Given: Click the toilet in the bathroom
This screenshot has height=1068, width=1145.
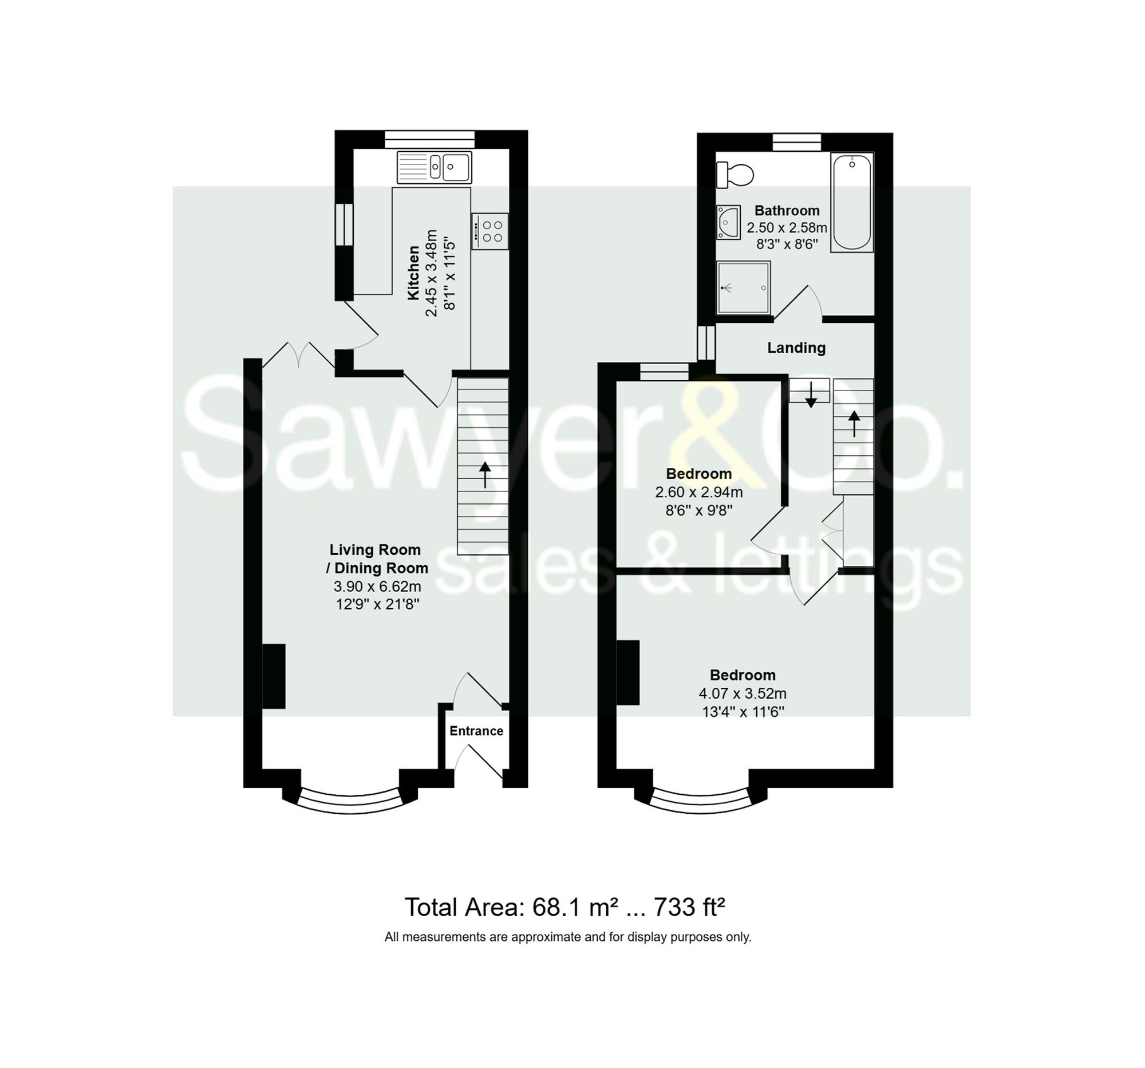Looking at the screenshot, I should pyautogui.click(x=736, y=175).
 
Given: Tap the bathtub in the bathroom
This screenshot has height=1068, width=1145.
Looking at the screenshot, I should pyautogui.click(x=851, y=202).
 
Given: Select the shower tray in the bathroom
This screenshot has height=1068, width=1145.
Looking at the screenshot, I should pyautogui.click(x=743, y=287).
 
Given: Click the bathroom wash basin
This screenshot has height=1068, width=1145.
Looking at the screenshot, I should pyautogui.click(x=728, y=222).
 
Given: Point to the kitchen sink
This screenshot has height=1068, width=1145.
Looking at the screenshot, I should pyautogui.click(x=435, y=167).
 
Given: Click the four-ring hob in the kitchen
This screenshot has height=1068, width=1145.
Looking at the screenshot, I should pyautogui.click(x=490, y=231).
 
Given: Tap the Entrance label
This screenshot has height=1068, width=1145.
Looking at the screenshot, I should pyautogui.click(x=476, y=731).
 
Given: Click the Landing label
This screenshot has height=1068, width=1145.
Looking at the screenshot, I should pyautogui.click(x=796, y=348).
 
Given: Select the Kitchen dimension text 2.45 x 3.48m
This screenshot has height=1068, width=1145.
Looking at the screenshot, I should pyautogui.click(x=432, y=273).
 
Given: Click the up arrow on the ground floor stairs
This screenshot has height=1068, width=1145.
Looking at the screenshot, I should pyautogui.click(x=485, y=475).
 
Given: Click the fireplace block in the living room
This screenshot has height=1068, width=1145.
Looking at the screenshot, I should pyautogui.click(x=274, y=676).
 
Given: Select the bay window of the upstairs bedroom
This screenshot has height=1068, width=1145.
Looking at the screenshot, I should pyautogui.click(x=701, y=803).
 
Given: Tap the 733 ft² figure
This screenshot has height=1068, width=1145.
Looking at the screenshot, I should pyautogui.click(x=689, y=907).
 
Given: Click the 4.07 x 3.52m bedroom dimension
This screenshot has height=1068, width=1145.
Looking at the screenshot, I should pyautogui.click(x=743, y=693).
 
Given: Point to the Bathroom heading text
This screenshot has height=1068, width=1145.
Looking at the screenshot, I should pyautogui.click(x=787, y=211).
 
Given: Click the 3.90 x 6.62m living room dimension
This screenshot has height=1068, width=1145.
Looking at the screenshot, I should pyautogui.click(x=377, y=586).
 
